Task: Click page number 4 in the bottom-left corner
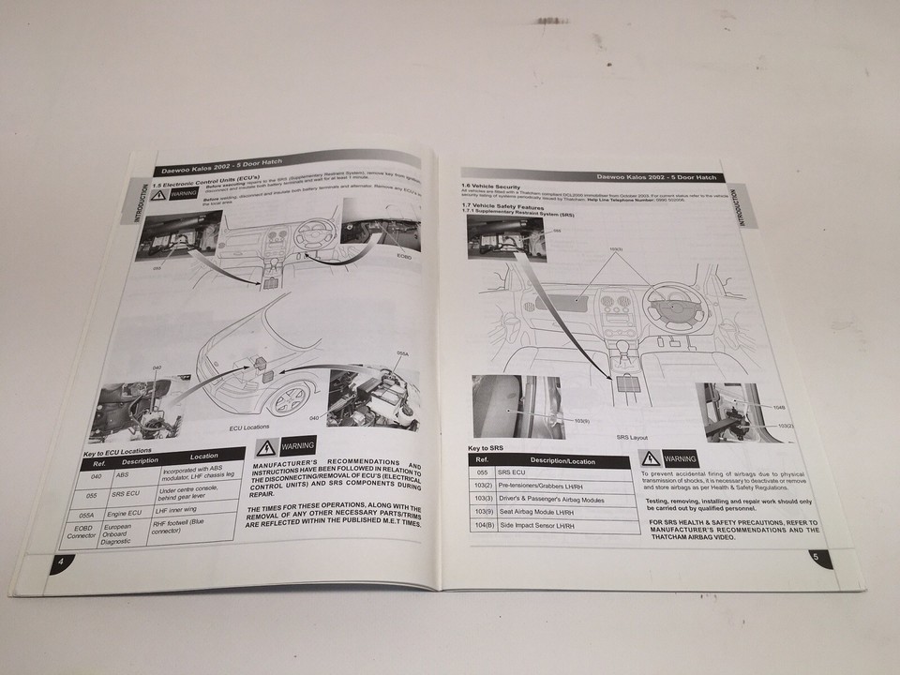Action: [x=60, y=561]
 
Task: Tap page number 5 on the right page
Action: [x=816, y=557]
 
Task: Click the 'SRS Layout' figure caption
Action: [x=632, y=437]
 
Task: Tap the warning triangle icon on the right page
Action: [x=650, y=459]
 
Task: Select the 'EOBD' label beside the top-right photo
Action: [x=403, y=255]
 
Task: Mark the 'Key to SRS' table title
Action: [x=486, y=448]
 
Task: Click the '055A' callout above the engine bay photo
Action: [x=404, y=353]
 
